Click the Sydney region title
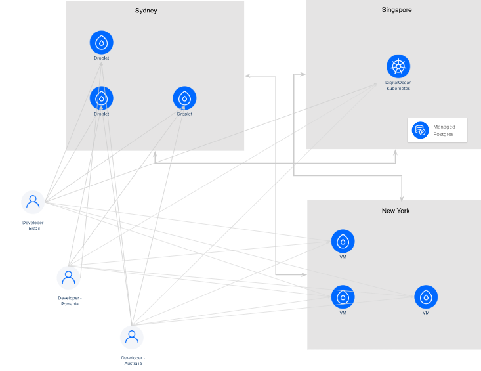point(146,11)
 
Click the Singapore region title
point(396,10)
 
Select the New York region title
point(395,211)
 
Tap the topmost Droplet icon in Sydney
point(101,43)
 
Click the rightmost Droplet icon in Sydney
point(184,98)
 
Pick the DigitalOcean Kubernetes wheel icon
point(398,66)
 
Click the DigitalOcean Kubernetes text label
point(398,85)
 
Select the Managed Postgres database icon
point(420,130)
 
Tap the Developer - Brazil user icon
point(33,203)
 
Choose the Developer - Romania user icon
point(68,278)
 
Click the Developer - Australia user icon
point(132,338)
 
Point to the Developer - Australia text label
point(133,360)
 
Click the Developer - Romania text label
point(70,301)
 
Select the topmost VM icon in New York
point(343,242)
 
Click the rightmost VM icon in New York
point(426,297)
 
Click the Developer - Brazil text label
point(34,225)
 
